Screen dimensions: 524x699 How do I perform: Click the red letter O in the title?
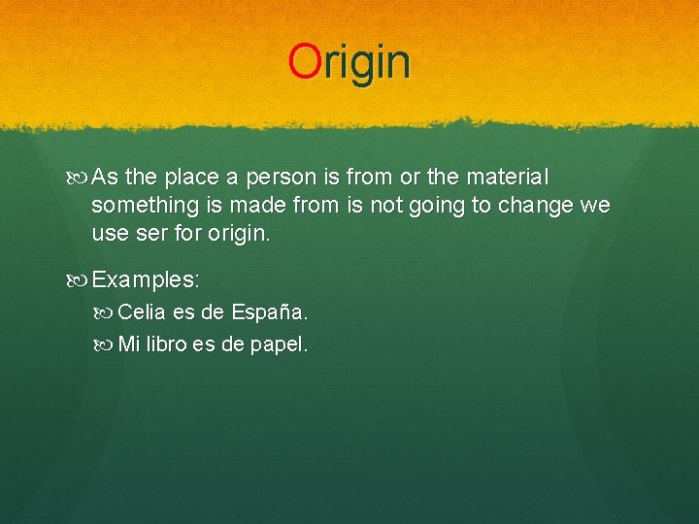(303, 61)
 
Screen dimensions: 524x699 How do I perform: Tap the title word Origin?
(349, 61)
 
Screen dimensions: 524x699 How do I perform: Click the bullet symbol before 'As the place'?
(80, 179)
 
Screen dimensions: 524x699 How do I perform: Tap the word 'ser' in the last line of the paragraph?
(156, 234)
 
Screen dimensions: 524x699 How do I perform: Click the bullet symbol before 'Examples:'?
(80, 280)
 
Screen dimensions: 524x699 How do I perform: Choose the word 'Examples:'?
(146, 280)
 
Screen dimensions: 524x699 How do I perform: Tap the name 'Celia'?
(142, 312)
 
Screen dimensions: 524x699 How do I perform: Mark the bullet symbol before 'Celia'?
(107, 312)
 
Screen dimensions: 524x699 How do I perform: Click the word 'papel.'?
(279, 344)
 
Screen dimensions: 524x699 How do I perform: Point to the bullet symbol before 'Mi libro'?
(107, 344)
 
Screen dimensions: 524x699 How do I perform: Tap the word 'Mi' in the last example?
(128, 344)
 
